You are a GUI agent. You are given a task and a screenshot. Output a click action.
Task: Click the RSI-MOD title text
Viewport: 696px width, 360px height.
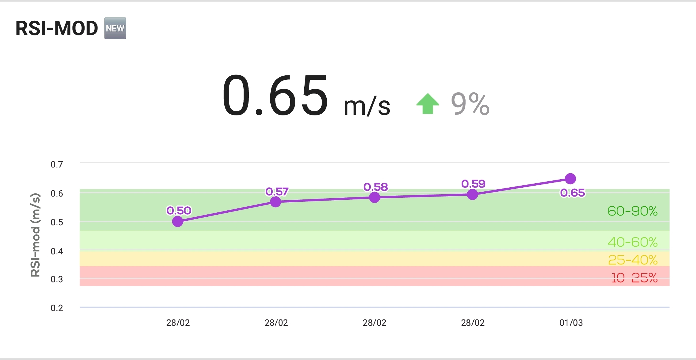click(57, 28)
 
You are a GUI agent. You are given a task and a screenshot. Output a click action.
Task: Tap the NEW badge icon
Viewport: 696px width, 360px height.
click(115, 28)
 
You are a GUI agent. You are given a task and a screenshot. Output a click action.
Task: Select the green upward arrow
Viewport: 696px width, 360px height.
click(428, 104)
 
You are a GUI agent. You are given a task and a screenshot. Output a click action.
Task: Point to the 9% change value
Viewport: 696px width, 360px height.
click(470, 104)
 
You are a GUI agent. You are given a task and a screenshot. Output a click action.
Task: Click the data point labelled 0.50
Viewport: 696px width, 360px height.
click(178, 221)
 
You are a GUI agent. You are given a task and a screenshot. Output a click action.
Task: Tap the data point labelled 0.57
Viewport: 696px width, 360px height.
click(276, 202)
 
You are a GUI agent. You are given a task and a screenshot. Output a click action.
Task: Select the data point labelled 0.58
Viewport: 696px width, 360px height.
click(374, 197)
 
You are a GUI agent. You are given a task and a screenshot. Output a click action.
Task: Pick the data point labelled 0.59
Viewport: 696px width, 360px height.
click(473, 195)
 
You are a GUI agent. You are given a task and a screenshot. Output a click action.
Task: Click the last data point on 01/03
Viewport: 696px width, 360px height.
click(570, 179)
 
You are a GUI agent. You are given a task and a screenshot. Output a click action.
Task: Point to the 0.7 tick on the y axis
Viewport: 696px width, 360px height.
click(57, 165)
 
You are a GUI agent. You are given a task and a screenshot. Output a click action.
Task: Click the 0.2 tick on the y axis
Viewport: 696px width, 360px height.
click(57, 308)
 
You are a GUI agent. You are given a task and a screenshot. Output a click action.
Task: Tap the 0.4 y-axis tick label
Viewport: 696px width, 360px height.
click(57, 252)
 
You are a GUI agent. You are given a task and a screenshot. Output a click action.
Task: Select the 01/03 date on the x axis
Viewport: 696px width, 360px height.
click(571, 323)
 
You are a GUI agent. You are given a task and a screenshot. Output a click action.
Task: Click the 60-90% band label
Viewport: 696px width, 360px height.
click(632, 211)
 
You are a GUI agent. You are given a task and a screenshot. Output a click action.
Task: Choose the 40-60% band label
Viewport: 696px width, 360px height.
click(632, 242)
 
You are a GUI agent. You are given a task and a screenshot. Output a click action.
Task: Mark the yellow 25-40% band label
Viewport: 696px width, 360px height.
click(632, 260)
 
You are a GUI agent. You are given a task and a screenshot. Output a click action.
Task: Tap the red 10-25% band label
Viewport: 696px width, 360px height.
click(634, 278)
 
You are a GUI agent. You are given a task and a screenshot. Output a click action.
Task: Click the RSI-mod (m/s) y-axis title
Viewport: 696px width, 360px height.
click(35, 235)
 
